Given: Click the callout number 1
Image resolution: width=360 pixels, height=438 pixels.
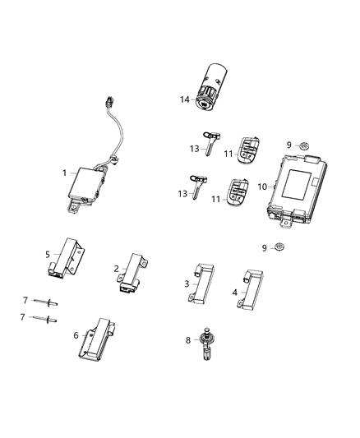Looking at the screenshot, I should pos(64,173).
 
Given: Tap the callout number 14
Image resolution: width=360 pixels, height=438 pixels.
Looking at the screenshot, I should pos(186,99).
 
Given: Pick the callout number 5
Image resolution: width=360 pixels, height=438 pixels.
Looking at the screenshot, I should pos(48,254).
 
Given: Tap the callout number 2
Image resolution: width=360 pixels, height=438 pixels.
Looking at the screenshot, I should pos(117,268).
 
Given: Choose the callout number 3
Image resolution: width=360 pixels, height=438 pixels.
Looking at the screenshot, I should pos(187,284).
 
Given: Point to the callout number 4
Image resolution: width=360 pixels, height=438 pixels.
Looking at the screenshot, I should pos(234,291).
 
